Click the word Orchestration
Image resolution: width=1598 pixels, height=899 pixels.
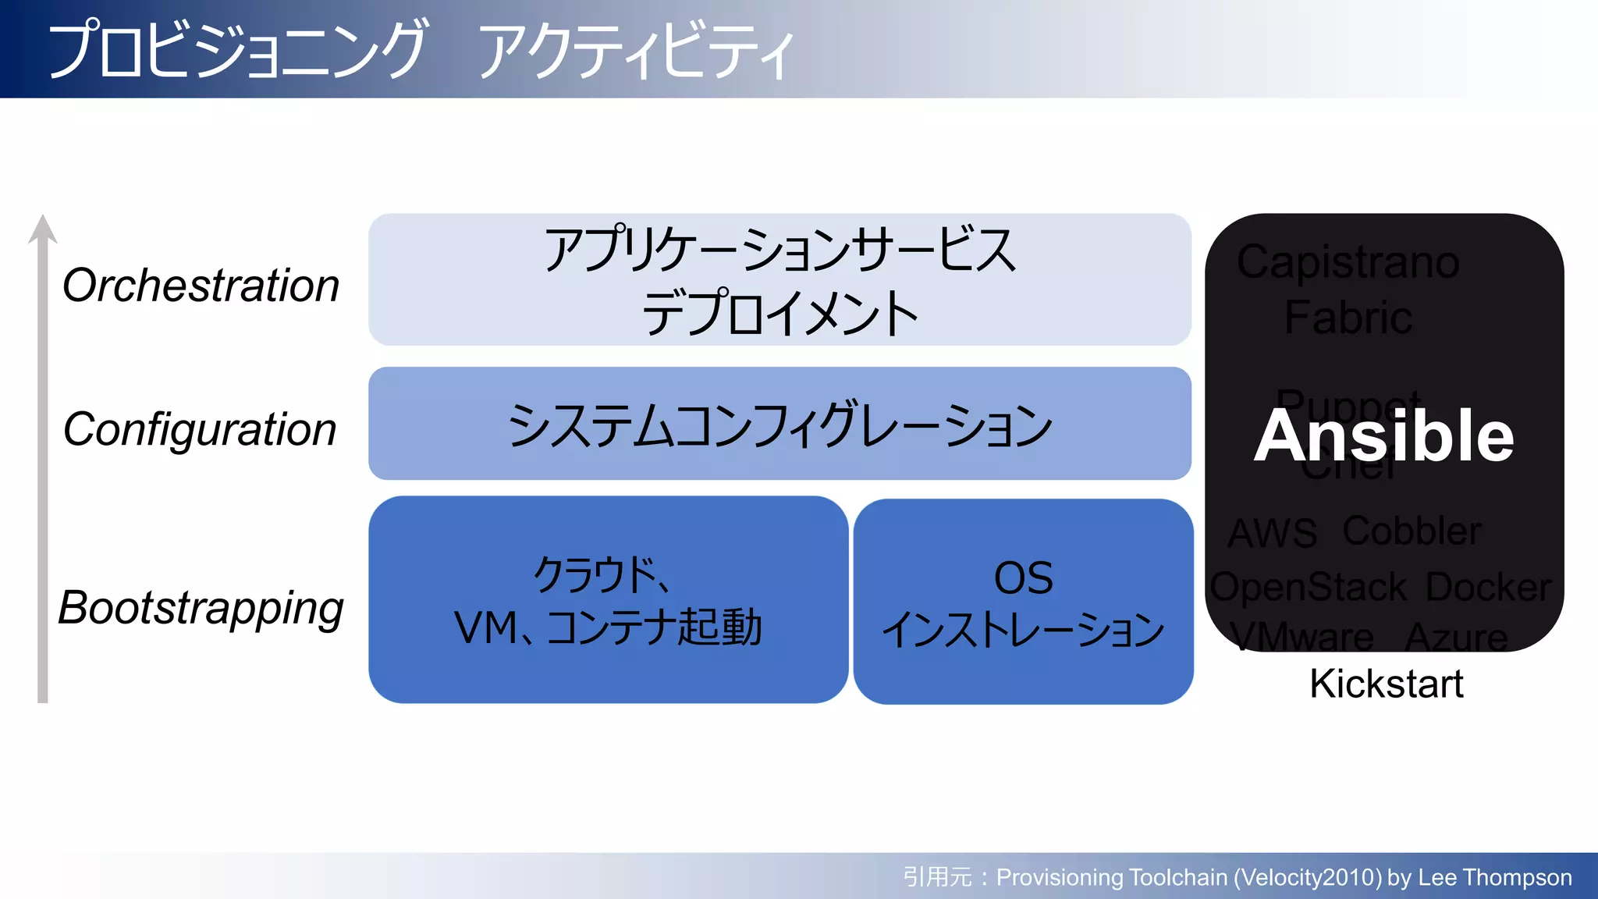pos(201,286)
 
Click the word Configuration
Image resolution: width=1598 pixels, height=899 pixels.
pos(200,430)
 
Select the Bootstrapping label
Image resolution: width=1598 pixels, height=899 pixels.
pos(201,608)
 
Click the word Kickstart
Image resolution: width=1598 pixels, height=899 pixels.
pos(1386,684)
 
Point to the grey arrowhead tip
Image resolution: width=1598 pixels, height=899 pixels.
pos(43,219)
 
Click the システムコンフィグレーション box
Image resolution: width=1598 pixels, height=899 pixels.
pos(779,424)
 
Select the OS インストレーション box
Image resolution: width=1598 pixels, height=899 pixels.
pos(1023,602)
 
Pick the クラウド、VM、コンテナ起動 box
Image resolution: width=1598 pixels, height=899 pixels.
pos(608,600)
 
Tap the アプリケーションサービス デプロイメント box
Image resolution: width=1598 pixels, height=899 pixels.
pos(779,279)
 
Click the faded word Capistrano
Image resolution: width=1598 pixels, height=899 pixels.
pos(1348,262)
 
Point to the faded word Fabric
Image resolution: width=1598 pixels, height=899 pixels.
pos(1348,317)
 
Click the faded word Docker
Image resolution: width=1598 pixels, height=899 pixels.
pos(1488,587)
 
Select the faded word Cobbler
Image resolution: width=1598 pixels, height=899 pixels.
pos(1411,531)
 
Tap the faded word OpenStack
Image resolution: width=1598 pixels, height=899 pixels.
pos(1309,587)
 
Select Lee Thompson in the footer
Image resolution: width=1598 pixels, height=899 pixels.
pos(1494,877)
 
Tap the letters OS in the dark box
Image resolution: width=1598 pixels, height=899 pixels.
pos(1023,578)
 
